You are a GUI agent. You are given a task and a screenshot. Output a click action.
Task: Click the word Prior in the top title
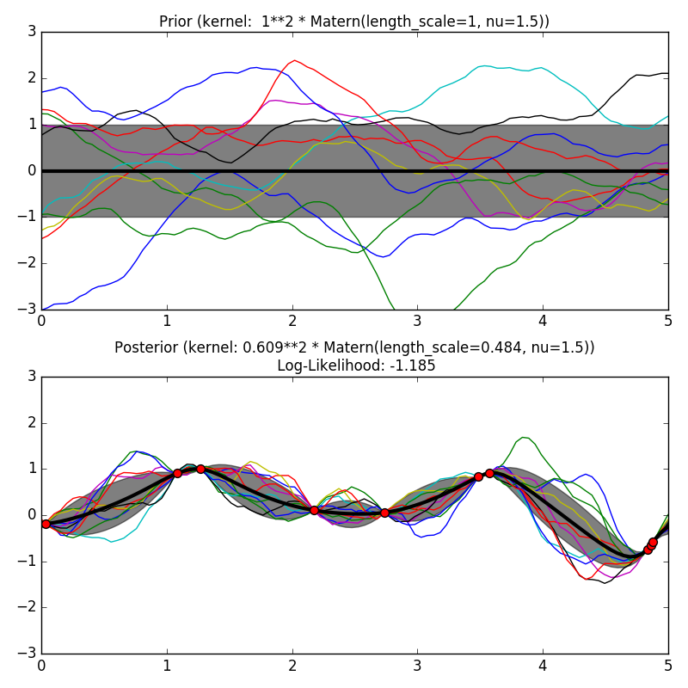pyautogui.click(x=176, y=21)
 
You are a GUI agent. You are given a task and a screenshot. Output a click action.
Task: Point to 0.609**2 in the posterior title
pyautogui.click(x=274, y=347)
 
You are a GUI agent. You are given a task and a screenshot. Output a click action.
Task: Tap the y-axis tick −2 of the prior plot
pyautogui.click(x=28, y=263)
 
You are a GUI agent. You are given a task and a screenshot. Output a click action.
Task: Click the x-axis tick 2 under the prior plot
pyautogui.click(x=292, y=321)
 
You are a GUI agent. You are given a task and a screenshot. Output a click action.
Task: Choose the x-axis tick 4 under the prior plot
pyautogui.click(x=543, y=321)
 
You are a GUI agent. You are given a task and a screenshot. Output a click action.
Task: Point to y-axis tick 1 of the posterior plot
pyautogui.click(x=31, y=469)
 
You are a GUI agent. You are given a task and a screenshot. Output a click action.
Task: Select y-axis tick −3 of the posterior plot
pyautogui.click(x=28, y=654)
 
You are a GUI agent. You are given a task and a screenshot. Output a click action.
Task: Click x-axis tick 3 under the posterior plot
pyautogui.click(x=417, y=665)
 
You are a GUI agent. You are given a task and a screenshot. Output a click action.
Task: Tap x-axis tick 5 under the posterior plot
pyautogui.click(x=668, y=665)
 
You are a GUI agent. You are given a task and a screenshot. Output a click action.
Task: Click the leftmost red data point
pyautogui.click(x=46, y=524)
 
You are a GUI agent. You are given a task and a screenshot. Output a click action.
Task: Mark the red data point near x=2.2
pyautogui.click(x=314, y=510)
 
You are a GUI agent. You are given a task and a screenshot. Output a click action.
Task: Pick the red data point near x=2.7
pyautogui.click(x=384, y=513)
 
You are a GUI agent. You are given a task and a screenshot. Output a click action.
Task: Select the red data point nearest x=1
pyautogui.click(x=177, y=473)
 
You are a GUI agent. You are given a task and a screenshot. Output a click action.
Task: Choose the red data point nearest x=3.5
pyautogui.click(x=478, y=476)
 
